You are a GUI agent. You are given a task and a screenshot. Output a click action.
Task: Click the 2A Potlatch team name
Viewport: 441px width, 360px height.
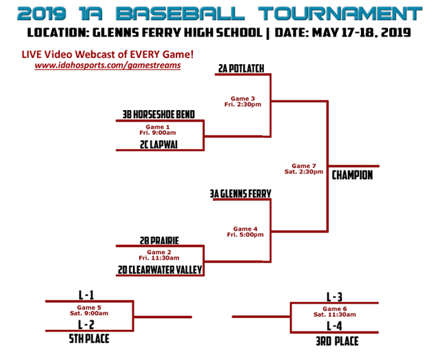click(x=240, y=68)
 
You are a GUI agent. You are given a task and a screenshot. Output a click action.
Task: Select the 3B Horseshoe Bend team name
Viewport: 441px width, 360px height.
click(x=158, y=115)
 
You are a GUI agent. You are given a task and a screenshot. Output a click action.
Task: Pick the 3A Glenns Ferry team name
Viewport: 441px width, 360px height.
click(x=240, y=194)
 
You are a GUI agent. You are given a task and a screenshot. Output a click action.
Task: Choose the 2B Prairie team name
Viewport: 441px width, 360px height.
click(x=158, y=240)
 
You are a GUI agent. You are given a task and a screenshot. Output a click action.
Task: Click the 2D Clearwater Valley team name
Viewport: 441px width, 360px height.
click(x=160, y=271)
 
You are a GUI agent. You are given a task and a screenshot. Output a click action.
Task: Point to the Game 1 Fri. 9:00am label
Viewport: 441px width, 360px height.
click(x=158, y=129)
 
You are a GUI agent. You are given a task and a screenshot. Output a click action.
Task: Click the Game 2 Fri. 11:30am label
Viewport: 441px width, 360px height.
click(x=158, y=255)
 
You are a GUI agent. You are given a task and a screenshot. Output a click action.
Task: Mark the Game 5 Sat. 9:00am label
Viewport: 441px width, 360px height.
click(x=89, y=310)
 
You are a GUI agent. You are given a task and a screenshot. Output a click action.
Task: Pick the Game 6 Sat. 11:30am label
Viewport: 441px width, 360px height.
click(x=334, y=312)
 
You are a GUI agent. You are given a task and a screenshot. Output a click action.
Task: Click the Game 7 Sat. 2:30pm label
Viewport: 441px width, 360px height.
click(x=304, y=169)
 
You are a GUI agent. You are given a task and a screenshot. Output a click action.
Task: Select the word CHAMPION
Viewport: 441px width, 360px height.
click(x=352, y=175)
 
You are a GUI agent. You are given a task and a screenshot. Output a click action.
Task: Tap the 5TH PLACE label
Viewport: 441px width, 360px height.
click(x=89, y=339)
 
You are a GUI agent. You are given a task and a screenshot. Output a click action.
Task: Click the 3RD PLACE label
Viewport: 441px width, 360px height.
click(x=334, y=341)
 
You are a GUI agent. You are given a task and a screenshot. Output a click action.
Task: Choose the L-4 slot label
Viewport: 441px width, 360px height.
click(x=334, y=326)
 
